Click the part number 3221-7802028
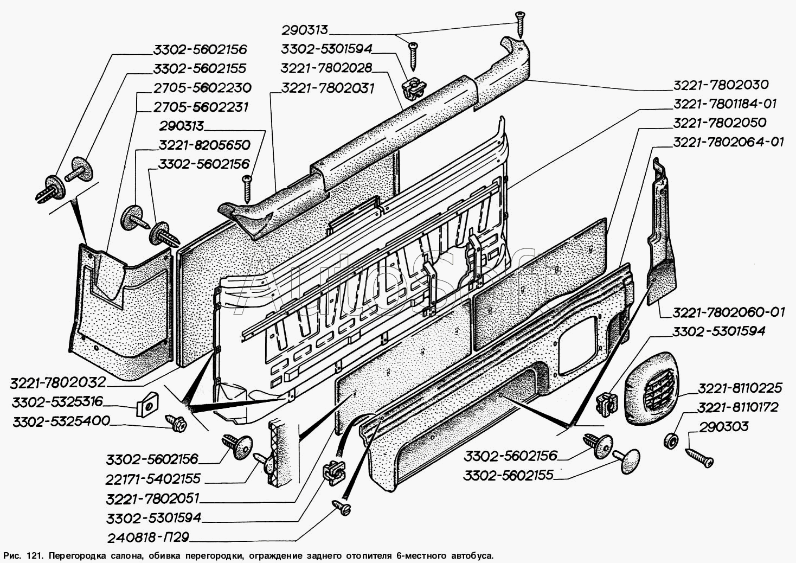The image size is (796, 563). [326, 68]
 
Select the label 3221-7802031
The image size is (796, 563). [328, 87]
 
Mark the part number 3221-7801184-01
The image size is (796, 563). [728, 104]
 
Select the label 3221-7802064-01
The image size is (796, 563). [728, 142]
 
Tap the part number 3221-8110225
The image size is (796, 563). [740, 388]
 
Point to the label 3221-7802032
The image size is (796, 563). [57, 382]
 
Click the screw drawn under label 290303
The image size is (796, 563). [699, 456]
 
